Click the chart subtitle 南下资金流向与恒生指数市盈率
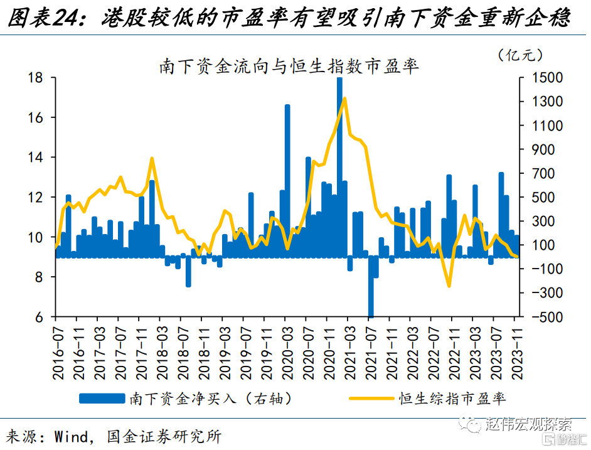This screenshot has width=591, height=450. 289,66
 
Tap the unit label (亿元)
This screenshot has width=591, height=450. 519,55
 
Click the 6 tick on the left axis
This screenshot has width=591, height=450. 38,318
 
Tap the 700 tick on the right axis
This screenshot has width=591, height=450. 547,173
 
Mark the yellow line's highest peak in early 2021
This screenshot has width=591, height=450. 344,99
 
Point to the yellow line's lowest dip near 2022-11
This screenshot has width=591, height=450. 449,286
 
